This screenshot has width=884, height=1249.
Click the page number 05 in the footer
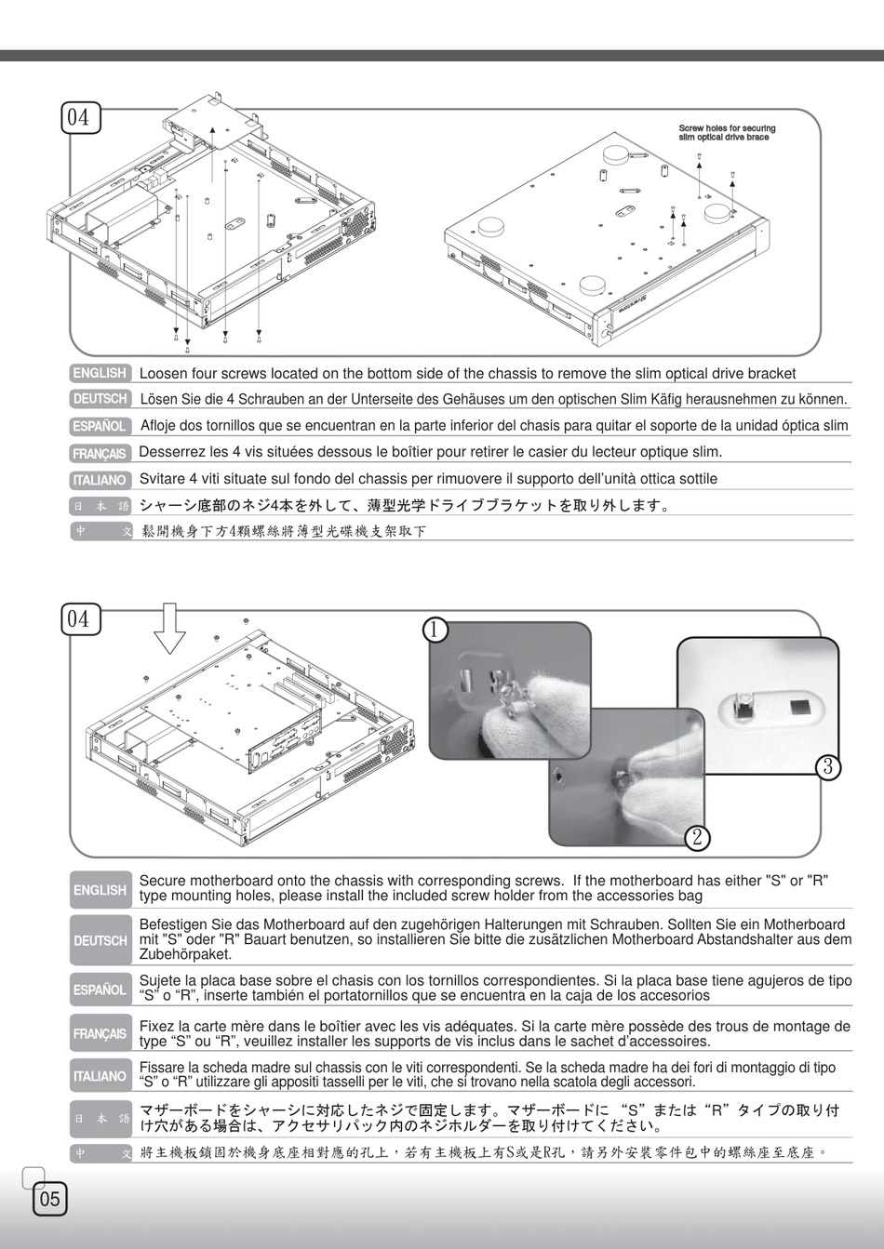[49, 1198]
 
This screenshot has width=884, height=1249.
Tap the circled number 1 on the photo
[436, 630]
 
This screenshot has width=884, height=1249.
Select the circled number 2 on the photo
[697, 837]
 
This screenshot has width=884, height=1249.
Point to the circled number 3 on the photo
[828, 766]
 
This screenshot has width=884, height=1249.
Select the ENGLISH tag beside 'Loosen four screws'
[100, 373]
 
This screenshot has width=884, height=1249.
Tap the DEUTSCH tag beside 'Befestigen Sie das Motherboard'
[100, 940]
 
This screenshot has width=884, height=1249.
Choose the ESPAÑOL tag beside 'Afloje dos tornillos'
[100, 426]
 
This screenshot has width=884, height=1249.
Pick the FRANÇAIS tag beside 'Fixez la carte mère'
[100, 1033]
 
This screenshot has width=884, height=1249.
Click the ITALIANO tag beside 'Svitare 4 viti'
[100, 480]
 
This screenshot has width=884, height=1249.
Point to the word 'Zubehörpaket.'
[185, 954]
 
